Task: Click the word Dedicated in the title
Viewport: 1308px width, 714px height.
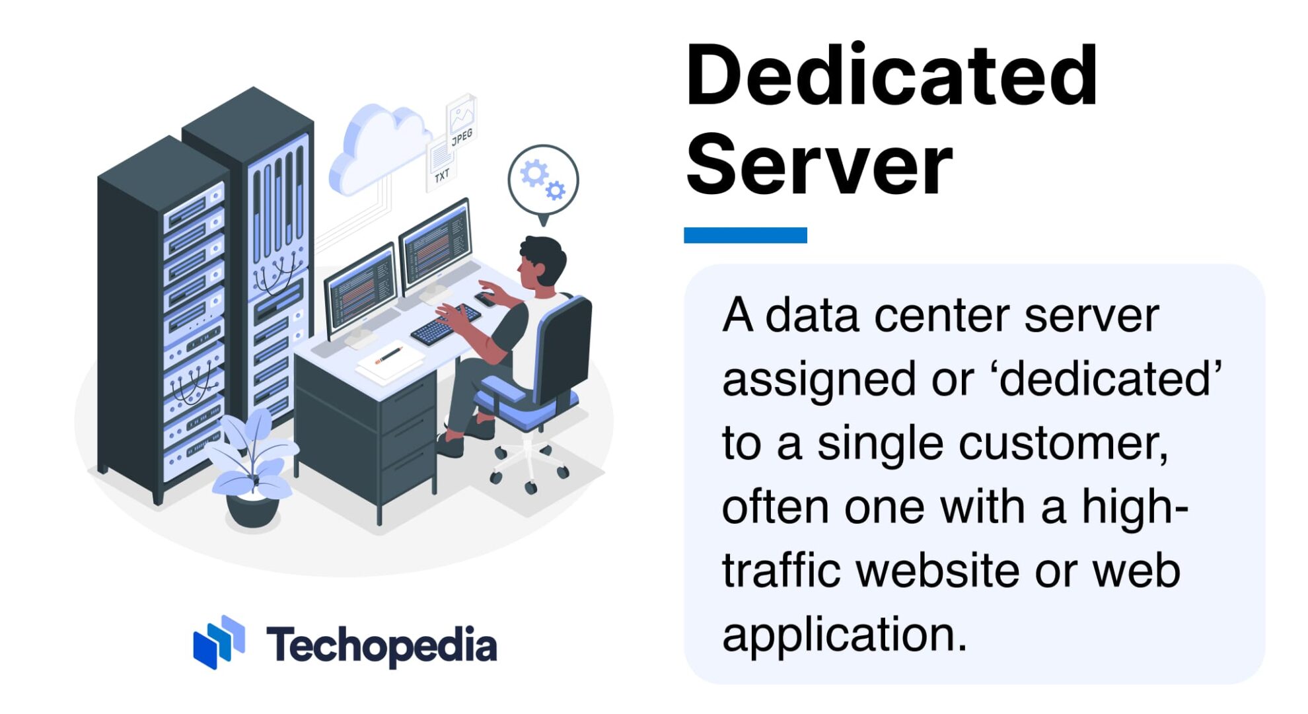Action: pyautogui.click(x=892, y=76)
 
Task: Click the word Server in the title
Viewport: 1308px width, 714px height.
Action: pyautogui.click(x=819, y=165)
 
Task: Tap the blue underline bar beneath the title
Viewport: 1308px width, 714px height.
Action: pyautogui.click(x=745, y=235)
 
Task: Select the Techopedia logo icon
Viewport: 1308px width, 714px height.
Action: pyautogui.click(x=219, y=642)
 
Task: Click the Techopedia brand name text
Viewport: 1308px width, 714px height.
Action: pyautogui.click(x=381, y=645)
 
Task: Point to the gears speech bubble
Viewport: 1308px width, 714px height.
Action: pyautogui.click(x=543, y=180)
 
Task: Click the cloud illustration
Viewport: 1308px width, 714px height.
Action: pyautogui.click(x=377, y=149)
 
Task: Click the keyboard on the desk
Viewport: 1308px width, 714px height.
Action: pyautogui.click(x=445, y=324)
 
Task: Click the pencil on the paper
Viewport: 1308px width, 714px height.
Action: pyautogui.click(x=389, y=355)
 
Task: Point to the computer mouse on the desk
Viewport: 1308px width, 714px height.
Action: pyautogui.click(x=486, y=299)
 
